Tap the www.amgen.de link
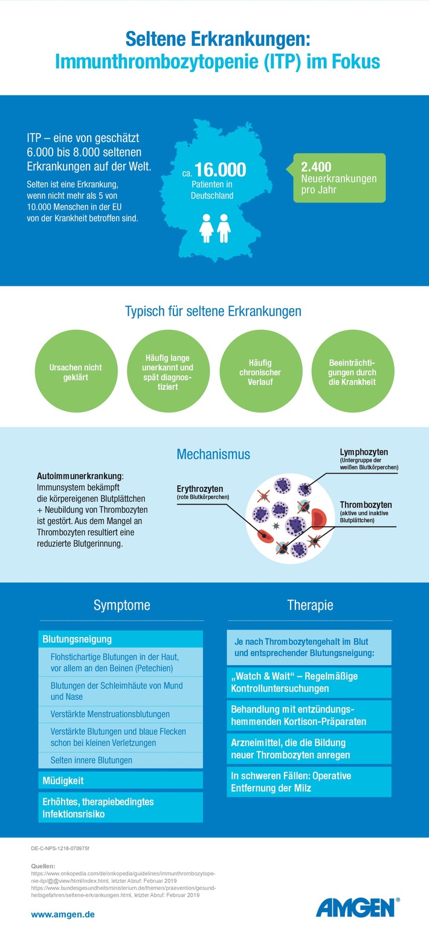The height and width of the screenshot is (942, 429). pos(63,915)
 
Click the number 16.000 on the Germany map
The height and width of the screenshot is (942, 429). pos(221,170)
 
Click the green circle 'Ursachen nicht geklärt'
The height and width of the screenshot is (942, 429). pos(76,372)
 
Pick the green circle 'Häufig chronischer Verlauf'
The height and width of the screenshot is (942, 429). pos(261,372)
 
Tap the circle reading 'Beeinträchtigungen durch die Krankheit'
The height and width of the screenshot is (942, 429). pos(353,372)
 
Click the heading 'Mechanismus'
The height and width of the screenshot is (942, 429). pos(213,454)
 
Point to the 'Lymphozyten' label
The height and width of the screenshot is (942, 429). pos(364,452)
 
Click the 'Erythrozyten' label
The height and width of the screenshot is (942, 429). pos(200,489)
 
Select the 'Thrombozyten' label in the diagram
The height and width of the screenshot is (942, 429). pos(366,505)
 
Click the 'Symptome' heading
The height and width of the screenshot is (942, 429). pos(121,605)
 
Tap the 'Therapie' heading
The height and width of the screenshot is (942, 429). pos(310,605)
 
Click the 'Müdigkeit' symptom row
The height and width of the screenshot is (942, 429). pos(120,781)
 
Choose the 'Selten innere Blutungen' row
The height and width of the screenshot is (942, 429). pos(120,760)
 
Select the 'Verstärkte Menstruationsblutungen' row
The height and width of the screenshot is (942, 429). pos(120,714)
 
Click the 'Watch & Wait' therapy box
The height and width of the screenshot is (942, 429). pos(309,683)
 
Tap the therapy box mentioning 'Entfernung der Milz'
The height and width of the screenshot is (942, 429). pos(309,782)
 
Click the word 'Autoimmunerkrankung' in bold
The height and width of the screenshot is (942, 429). pos(80,476)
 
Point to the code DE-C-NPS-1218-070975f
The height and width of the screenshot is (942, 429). pos(60,848)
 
